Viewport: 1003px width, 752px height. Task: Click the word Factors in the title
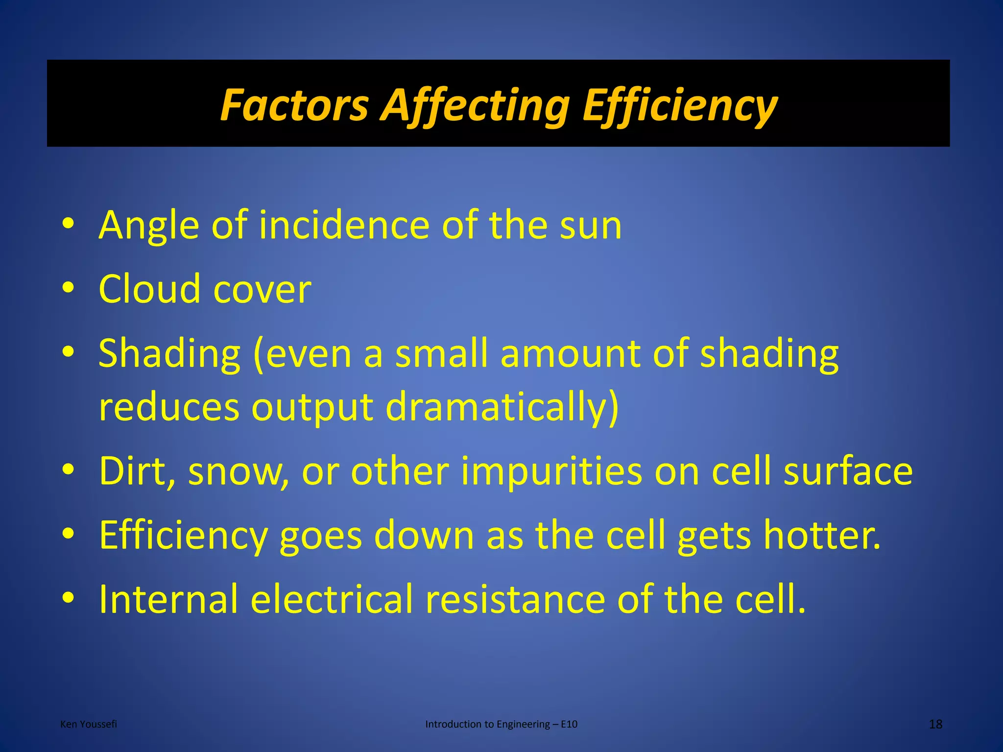pos(294,105)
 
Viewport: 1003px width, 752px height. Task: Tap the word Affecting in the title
pos(475,105)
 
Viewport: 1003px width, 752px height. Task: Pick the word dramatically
pos(502,407)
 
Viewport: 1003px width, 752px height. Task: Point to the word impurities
pos(551,471)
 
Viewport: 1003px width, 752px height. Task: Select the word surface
pos(848,471)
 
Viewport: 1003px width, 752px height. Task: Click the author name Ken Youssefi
pos(89,724)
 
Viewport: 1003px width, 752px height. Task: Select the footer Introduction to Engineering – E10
pos(501,724)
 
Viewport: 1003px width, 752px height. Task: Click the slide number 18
pos(935,724)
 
